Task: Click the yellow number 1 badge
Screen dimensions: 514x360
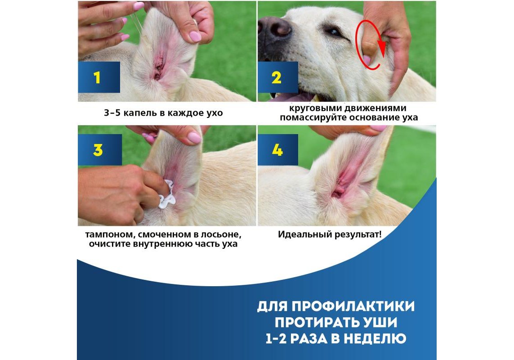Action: pyautogui.click(x=98, y=77)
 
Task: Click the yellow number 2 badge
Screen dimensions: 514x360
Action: pyautogui.click(x=277, y=77)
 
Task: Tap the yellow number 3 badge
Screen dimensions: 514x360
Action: pyautogui.click(x=100, y=150)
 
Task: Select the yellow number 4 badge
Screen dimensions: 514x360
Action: pyautogui.click(x=277, y=150)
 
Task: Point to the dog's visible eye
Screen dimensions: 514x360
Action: pyautogui.click(x=333, y=32)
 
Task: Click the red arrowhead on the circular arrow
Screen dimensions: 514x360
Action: pyautogui.click(x=382, y=46)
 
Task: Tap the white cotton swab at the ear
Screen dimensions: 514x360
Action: pyautogui.click(x=166, y=194)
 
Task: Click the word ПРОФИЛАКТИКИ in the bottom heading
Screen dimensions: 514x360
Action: pyautogui.click(x=353, y=306)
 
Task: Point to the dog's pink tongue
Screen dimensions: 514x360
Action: pyautogui.click(x=288, y=98)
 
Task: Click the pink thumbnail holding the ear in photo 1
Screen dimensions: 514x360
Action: pyautogui.click(x=195, y=36)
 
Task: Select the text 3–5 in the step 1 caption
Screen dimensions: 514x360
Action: pyautogui.click(x=112, y=113)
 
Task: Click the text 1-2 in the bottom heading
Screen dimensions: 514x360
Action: pyautogui.click(x=276, y=338)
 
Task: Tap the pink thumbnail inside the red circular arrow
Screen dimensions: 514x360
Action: pyautogui.click(x=367, y=60)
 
